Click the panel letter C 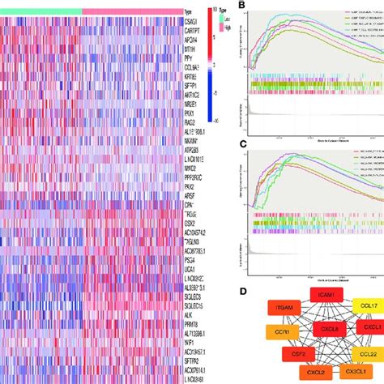click(x=244, y=145)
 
